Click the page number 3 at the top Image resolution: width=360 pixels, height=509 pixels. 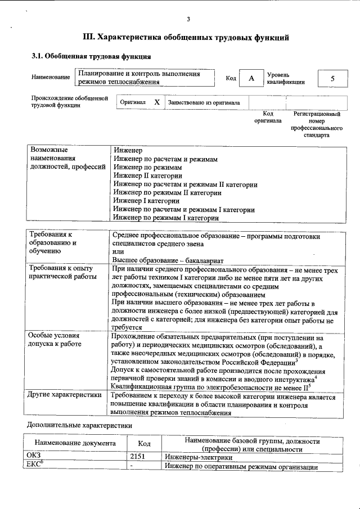point(188,20)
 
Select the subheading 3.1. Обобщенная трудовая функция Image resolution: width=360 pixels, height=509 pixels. point(90,57)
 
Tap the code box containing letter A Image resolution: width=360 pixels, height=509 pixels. point(251,78)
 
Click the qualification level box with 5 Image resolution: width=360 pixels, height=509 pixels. point(332,78)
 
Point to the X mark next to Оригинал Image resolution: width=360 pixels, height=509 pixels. point(157,103)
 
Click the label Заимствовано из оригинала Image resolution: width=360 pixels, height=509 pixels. point(204,103)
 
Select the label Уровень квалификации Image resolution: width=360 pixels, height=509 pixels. point(286,78)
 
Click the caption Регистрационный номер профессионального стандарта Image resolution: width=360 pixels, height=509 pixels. point(316,124)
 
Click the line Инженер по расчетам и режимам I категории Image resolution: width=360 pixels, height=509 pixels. point(184,210)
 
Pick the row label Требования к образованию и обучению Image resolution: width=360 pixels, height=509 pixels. point(53,244)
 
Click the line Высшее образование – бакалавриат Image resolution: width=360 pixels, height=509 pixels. point(168,261)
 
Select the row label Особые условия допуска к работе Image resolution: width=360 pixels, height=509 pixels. point(55,339)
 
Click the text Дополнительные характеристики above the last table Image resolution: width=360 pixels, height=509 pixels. point(79,425)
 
